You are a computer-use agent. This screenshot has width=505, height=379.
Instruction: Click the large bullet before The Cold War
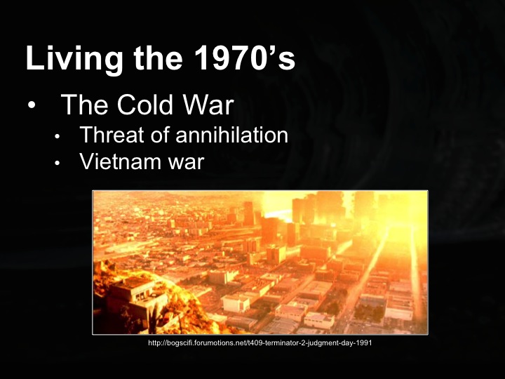pyautogui.click(x=32, y=106)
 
